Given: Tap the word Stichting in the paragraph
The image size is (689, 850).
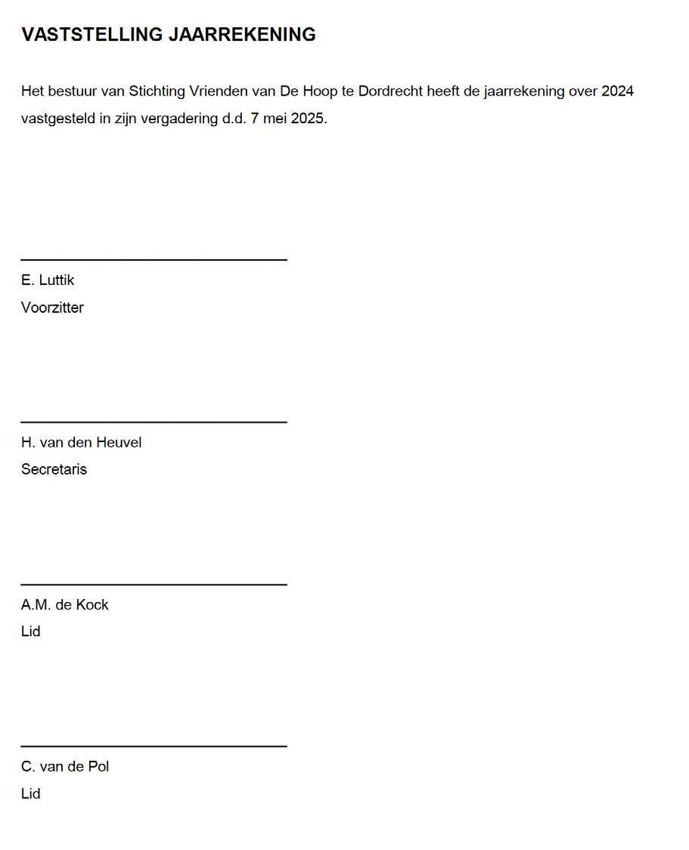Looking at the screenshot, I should point(157,91).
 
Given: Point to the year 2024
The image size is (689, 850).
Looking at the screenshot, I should point(617,91).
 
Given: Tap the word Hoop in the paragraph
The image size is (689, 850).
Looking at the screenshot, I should point(320,91).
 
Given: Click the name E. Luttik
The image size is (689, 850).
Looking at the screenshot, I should point(48,280).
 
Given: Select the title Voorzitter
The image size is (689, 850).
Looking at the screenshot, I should point(52,308).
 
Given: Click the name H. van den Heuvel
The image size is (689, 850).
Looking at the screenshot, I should point(81,443).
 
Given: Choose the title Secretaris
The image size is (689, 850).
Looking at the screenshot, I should point(54,469).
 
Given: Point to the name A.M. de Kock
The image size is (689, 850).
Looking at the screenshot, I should point(65,604).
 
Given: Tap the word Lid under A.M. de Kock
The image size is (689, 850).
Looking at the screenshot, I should point(30,632).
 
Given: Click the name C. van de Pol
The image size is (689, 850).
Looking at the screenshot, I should point(65,767).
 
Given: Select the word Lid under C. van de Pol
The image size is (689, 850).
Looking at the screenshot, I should point(30,794).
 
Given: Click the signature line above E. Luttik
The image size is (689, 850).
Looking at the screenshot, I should point(154,260).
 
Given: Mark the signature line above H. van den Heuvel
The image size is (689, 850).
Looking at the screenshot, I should point(154,422).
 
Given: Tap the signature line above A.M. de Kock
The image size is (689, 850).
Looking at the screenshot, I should point(154,584).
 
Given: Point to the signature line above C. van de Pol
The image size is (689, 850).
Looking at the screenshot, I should point(154,746).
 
